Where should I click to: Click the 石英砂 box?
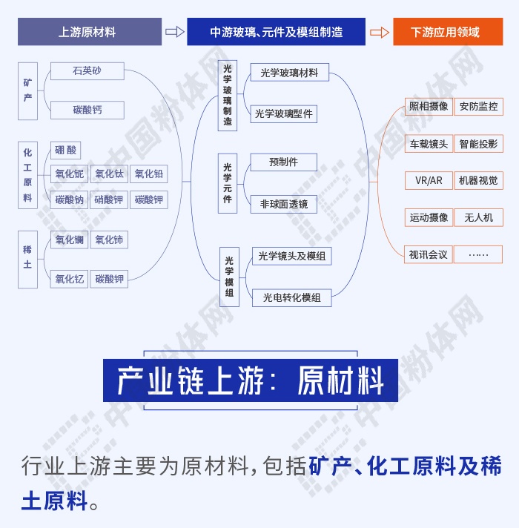point(87,71)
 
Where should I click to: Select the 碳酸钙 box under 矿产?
point(87,110)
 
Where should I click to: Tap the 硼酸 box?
point(66,151)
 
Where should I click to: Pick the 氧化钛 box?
point(109,174)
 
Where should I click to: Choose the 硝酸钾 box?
point(109,199)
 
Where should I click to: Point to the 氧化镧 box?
point(70,240)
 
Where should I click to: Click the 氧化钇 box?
point(70,279)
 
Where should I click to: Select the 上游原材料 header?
point(90,32)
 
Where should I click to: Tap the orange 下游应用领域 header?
point(445,32)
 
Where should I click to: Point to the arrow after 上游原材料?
point(174,32)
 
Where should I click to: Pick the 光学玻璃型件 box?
point(284,113)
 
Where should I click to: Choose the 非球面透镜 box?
point(284,203)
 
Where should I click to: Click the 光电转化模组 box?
point(292,297)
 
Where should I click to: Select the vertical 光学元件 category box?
point(228,183)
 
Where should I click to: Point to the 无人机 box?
point(478,217)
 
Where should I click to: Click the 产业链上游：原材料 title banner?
point(251,380)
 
